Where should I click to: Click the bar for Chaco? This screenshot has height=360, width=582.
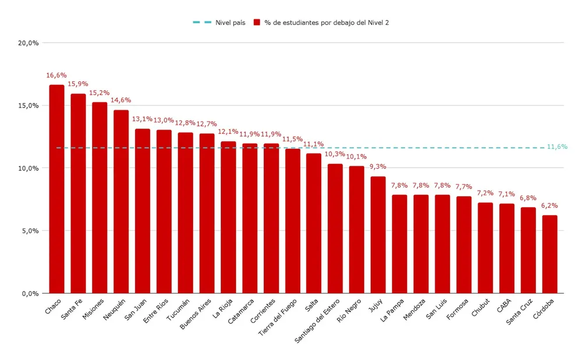56,189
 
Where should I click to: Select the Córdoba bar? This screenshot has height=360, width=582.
549,254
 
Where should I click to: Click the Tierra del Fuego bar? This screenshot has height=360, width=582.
293,221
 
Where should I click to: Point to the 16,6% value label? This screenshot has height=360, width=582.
56,76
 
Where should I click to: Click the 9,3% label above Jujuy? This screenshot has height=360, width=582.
378,167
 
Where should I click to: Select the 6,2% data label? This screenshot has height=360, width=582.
549,206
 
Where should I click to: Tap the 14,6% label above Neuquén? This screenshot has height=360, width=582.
121,101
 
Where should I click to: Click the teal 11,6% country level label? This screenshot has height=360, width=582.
557,147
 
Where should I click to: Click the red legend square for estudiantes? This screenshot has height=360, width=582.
257,23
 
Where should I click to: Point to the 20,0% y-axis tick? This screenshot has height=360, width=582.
28,43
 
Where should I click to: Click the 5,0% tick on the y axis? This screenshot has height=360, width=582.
29,231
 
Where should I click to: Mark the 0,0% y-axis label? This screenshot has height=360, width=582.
29,294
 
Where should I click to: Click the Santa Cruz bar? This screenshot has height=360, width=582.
528,250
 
